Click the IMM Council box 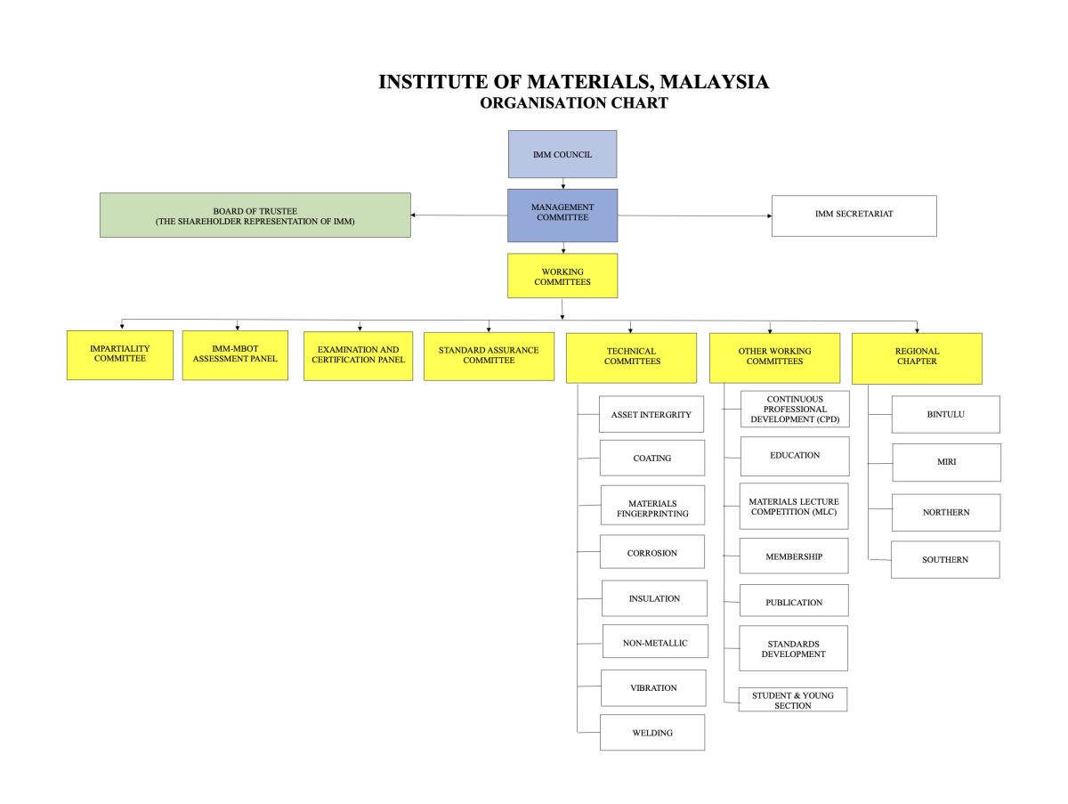click(x=562, y=154)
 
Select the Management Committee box click(x=562, y=215)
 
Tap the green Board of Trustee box click(x=255, y=215)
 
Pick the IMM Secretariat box click(x=854, y=215)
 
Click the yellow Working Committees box click(x=562, y=276)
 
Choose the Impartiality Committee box click(x=120, y=354)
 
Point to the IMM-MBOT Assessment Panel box click(x=235, y=354)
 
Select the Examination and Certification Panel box click(x=358, y=355)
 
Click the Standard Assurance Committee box click(x=489, y=355)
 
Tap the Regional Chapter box click(x=917, y=357)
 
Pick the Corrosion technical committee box click(x=651, y=552)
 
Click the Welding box click(x=651, y=732)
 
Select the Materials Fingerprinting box click(x=651, y=508)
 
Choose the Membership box click(x=794, y=556)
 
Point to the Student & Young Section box click(x=792, y=699)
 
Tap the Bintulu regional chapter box click(x=945, y=414)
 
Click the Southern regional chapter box click(x=944, y=559)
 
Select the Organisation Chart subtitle click(x=574, y=103)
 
